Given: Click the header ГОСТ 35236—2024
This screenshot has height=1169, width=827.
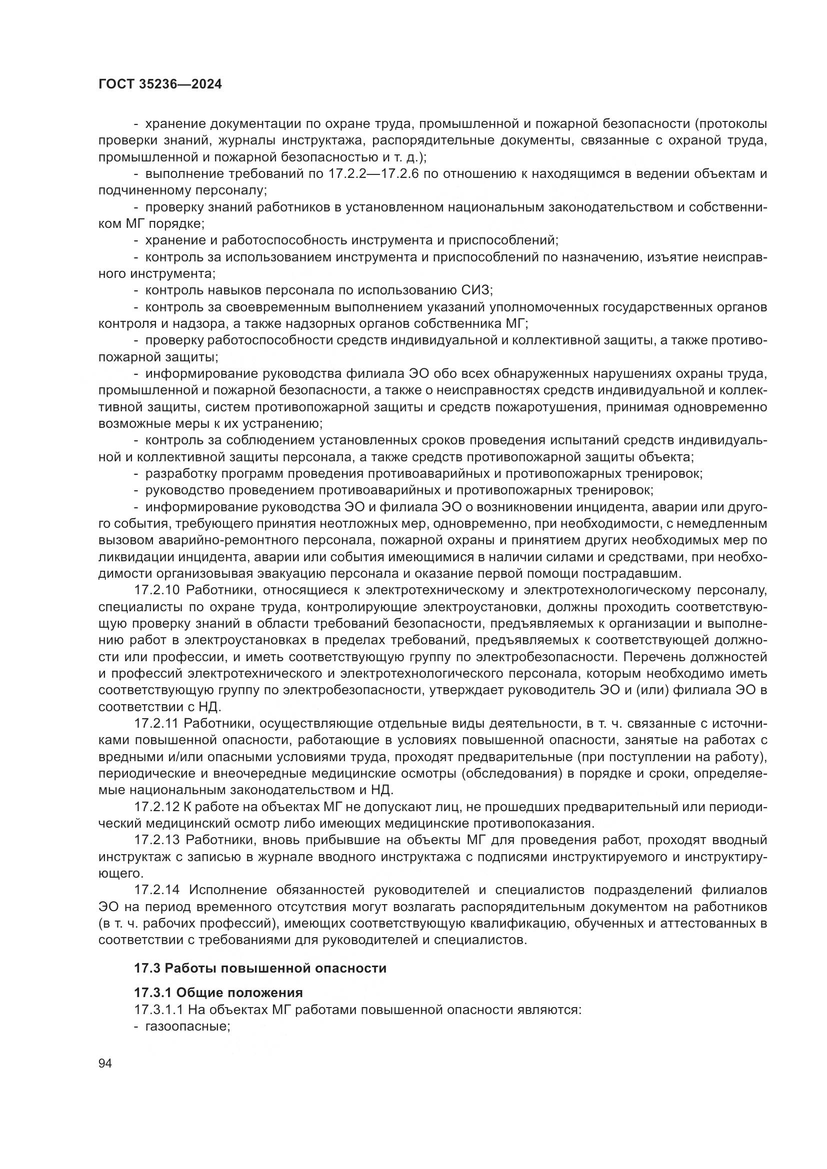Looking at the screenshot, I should pyautogui.click(x=160, y=84).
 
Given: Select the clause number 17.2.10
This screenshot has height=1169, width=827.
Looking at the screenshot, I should pyautogui.click(x=157, y=591).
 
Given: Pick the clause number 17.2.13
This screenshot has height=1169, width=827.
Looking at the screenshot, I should pyautogui.click(x=157, y=840).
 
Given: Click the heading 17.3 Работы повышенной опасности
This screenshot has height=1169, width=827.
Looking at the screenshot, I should pyautogui.click(x=260, y=968).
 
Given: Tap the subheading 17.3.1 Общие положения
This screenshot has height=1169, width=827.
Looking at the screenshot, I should pyautogui.click(x=218, y=993).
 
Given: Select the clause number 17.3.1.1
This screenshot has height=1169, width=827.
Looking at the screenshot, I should pyautogui.click(x=162, y=1010).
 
